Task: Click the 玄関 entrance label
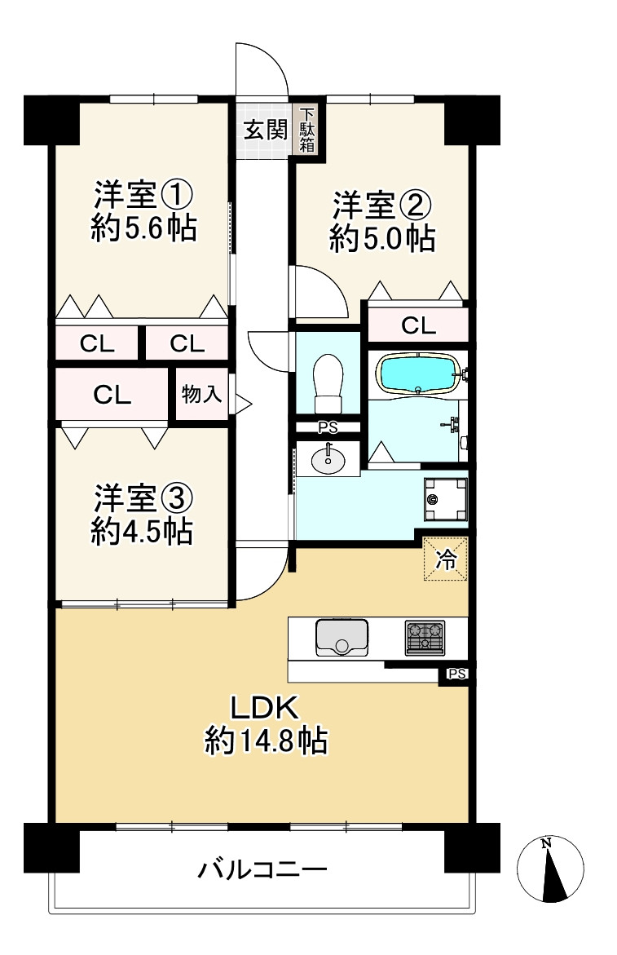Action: click(x=265, y=129)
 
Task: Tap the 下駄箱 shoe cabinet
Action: click(x=306, y=130)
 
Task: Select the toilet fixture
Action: click(x=328, y=383)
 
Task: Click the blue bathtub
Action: click(x=417, y=373)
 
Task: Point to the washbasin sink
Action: click(x=328, y=459)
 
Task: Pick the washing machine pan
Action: click(x=446, y=499)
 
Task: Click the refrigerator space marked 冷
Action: click(x=445, y=559)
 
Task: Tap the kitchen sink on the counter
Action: click(x=342, y=638)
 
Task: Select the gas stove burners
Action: click(x=425, y=638)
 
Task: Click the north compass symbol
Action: click(x=550, y=869)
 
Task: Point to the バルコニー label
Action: click(x=262, y=869)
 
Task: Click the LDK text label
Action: click(x=263, y=709)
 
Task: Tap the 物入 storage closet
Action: click(x=201, y=394)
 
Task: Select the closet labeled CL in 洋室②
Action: click(x=418, y=325)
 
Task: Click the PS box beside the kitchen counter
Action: click(x=456, y=674)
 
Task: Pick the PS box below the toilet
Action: click(x=328, y=427)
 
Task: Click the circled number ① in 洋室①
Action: click(x=177, y=196)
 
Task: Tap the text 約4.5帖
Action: click(x=142, y=532)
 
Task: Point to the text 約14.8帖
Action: click(x=266, y=741)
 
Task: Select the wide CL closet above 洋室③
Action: click(x=112, y=395)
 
